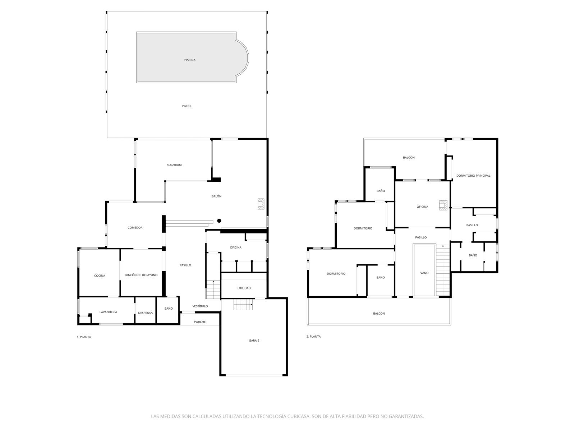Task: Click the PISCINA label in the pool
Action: [190, 60]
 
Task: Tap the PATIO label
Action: [186, 106]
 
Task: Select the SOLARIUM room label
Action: [174, 165]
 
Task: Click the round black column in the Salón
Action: [219, 221]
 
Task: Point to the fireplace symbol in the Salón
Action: [261, 204]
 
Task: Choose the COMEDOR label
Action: [135, 228]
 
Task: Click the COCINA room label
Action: [100, 275]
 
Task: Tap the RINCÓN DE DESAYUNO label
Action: [141, 275]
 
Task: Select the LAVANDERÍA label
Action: [108, 312]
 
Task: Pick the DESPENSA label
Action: [145, 313]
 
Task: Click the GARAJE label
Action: [254, 340]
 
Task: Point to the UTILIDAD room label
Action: [244, 288]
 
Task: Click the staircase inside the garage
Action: [243, 305]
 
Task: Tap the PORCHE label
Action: [199, 322]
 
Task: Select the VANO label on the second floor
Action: [424, 273]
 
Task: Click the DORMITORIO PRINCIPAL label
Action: [473, 176]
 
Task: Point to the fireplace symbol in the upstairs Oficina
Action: [443, 205]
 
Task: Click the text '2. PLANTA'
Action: [313, 337]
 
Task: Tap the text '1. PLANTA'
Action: [84, 337]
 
